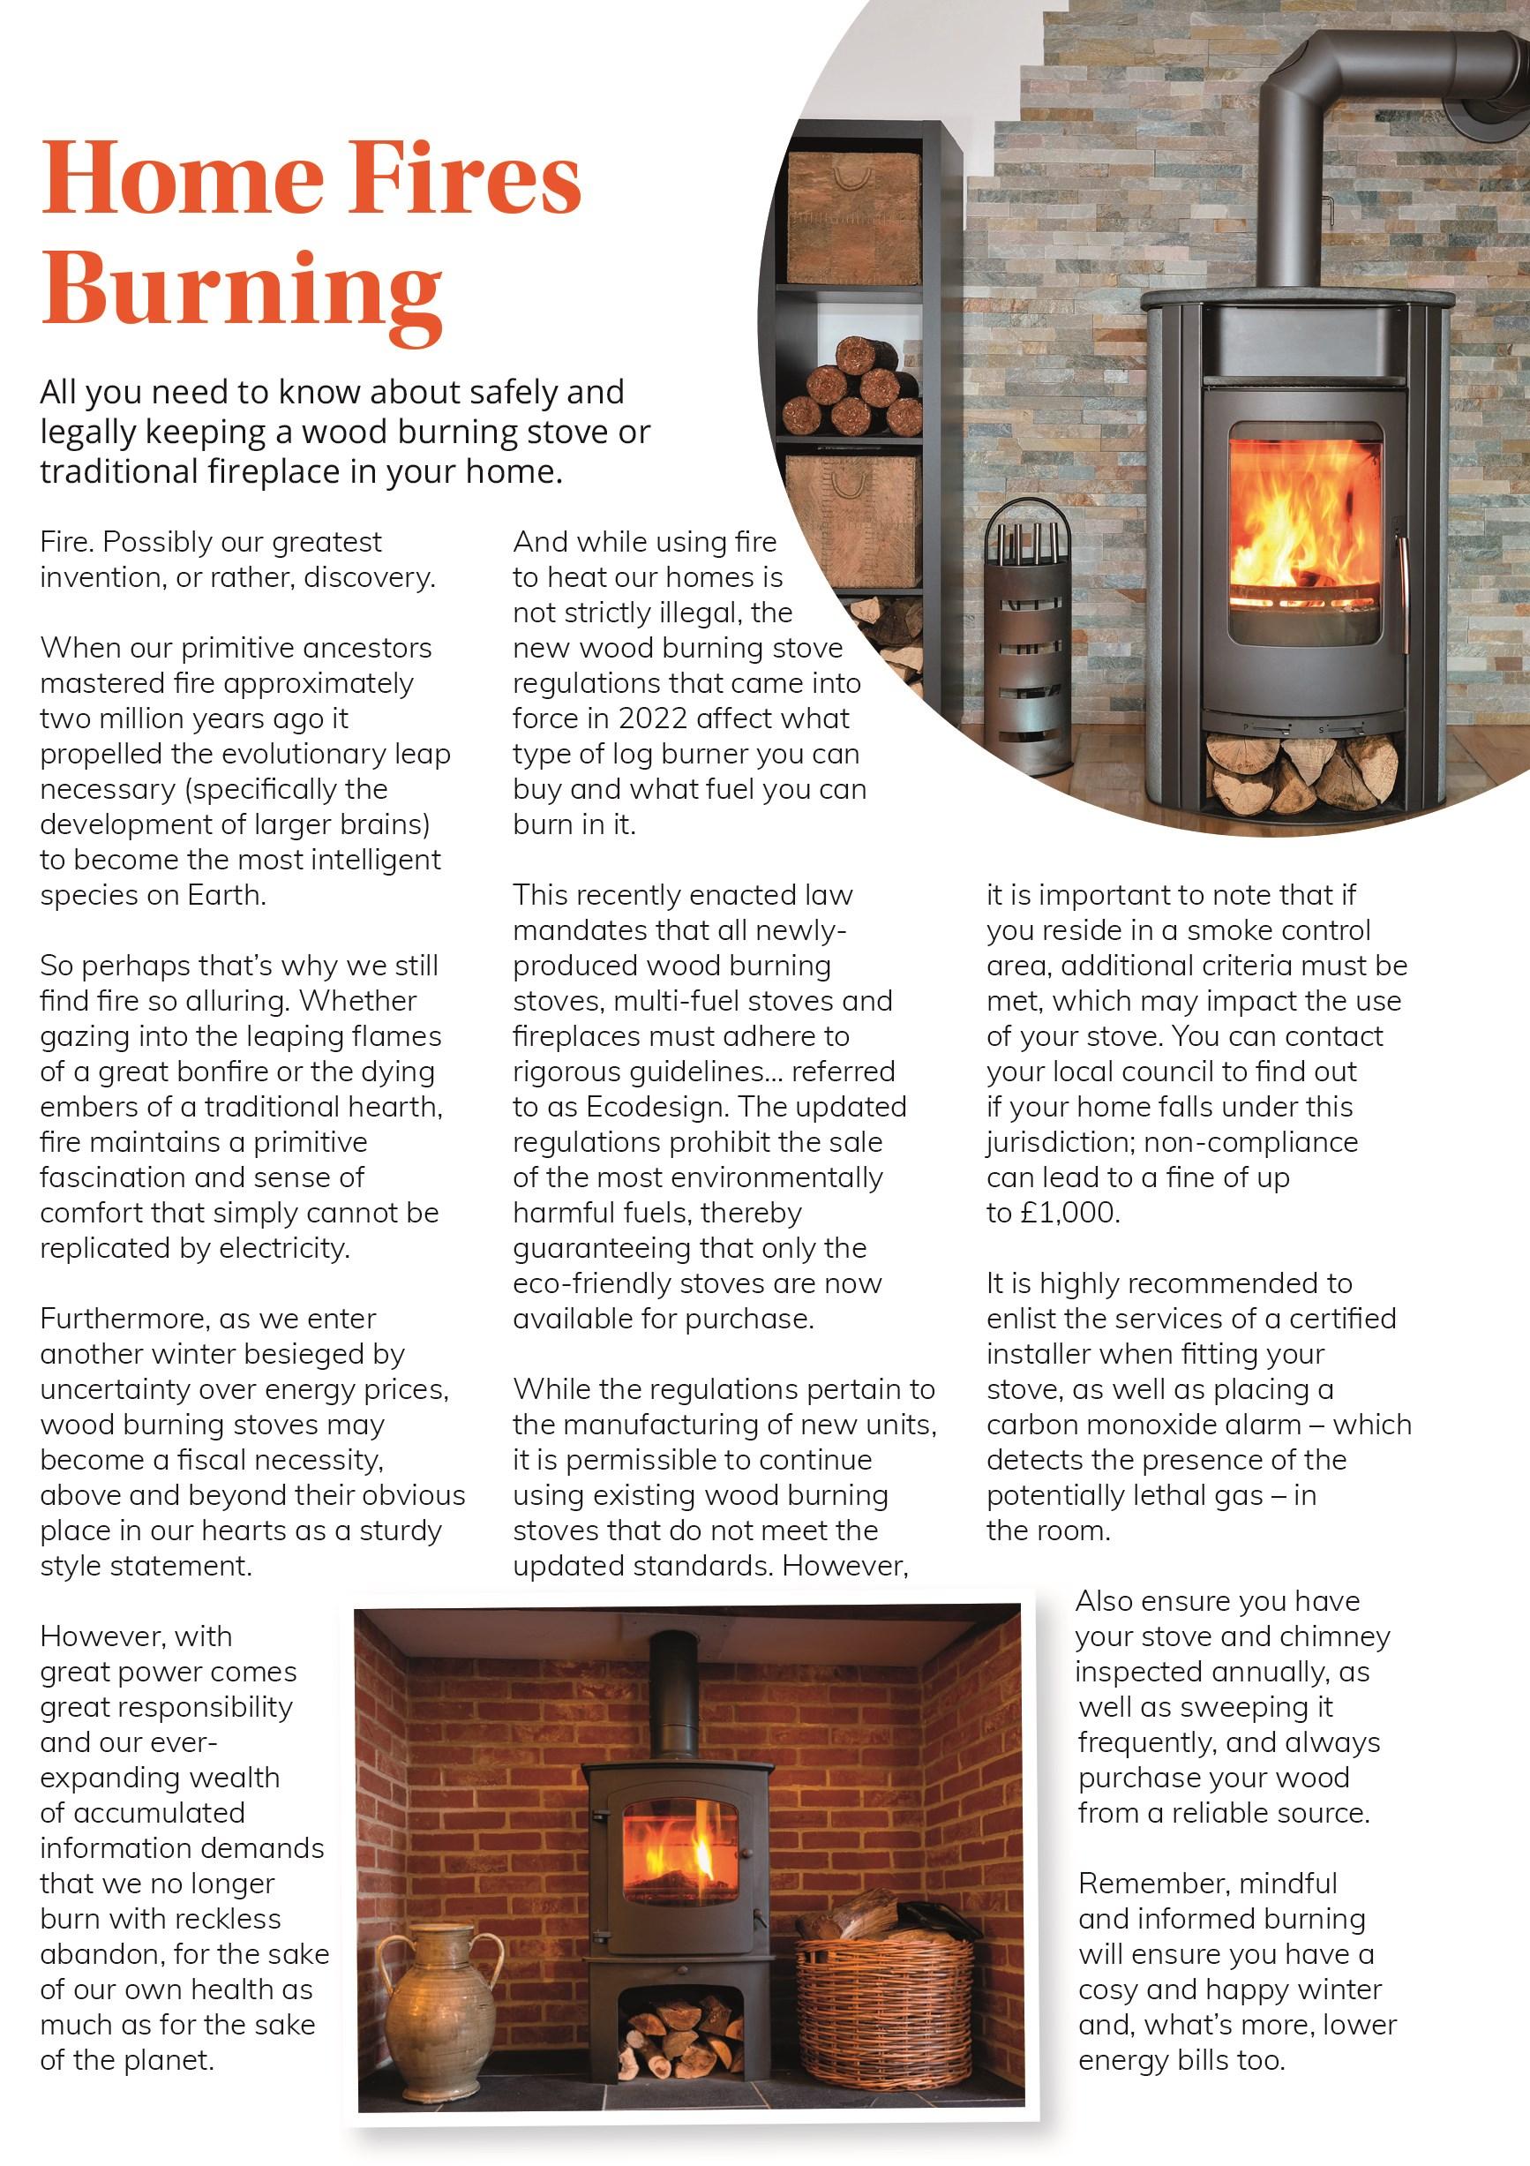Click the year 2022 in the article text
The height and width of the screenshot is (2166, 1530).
point(653,718)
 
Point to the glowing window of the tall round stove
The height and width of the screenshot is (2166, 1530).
point(1306,533)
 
